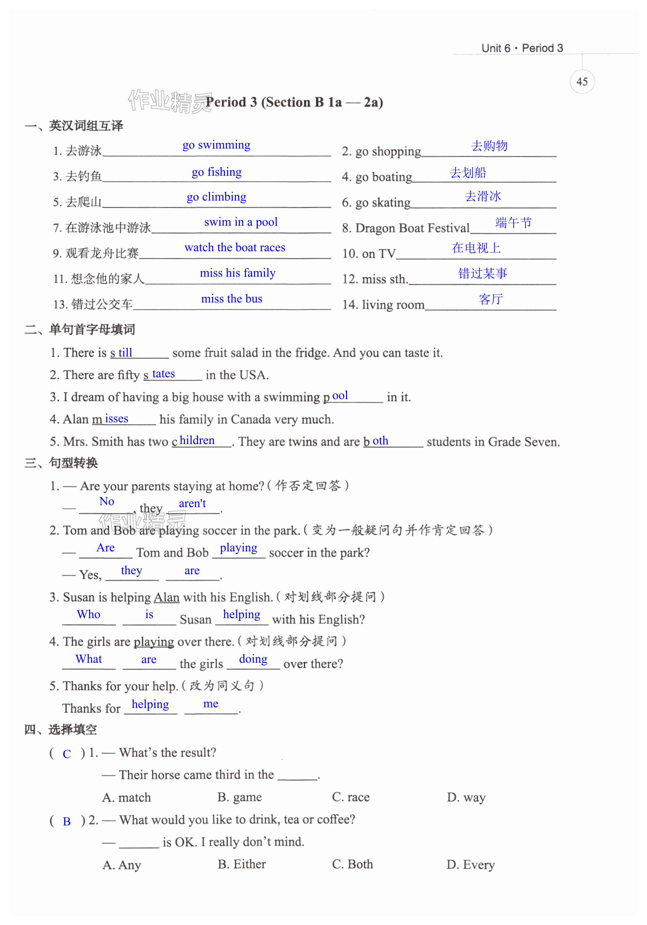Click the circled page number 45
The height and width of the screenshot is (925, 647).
tap(582, 82)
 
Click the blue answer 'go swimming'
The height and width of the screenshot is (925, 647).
tap(216, 145)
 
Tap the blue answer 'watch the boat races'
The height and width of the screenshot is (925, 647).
tap(235, 248)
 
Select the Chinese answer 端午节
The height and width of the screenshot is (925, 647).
tap(513, 222)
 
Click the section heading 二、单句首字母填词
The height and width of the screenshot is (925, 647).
tap(80, 330)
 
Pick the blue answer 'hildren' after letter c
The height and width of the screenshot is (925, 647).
tap(197, 440)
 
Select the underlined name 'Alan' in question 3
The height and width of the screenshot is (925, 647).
tap(166, 597)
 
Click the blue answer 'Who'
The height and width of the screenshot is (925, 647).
tap(89, 614)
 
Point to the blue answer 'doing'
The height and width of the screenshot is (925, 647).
tap(253, 659)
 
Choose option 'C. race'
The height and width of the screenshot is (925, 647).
tap(351, 797)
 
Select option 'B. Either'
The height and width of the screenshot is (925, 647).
tap(242, 864)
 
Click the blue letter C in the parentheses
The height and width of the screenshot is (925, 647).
tap(67, 754)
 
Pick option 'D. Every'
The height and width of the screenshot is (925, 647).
tap(470, 865)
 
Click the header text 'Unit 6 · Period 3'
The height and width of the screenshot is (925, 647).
tap(522, 48)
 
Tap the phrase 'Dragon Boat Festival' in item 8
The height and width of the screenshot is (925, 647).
tap(412, 228)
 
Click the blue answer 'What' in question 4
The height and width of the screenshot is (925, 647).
tap(89, 659)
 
